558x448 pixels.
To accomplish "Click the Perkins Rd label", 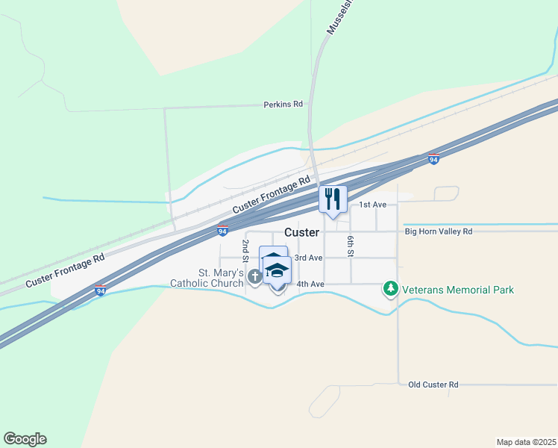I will coord(283,105).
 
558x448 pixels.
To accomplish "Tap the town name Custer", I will coord(301,232).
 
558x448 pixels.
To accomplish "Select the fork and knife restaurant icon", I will coord(333,199).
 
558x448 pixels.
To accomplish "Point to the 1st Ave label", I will coord(372,205).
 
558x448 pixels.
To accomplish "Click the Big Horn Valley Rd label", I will coord(439,231).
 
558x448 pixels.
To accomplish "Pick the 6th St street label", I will coord(349,244).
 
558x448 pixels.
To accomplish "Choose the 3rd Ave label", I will coord(308,258).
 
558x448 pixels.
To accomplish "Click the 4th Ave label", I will coord(310,284).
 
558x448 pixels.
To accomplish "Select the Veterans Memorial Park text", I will coord(457,290).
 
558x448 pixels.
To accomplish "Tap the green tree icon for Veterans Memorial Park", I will coord(390,288).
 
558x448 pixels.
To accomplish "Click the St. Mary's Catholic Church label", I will coord(209,278).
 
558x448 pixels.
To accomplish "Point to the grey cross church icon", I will coord(254,277).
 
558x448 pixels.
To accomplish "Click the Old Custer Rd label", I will coord(433,385).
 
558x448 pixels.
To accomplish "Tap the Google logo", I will coord(25,439).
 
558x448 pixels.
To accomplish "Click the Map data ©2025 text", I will coord(526,442).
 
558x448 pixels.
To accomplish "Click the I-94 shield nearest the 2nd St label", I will coord(222,231).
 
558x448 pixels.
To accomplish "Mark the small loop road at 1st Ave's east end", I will coord(447,193).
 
